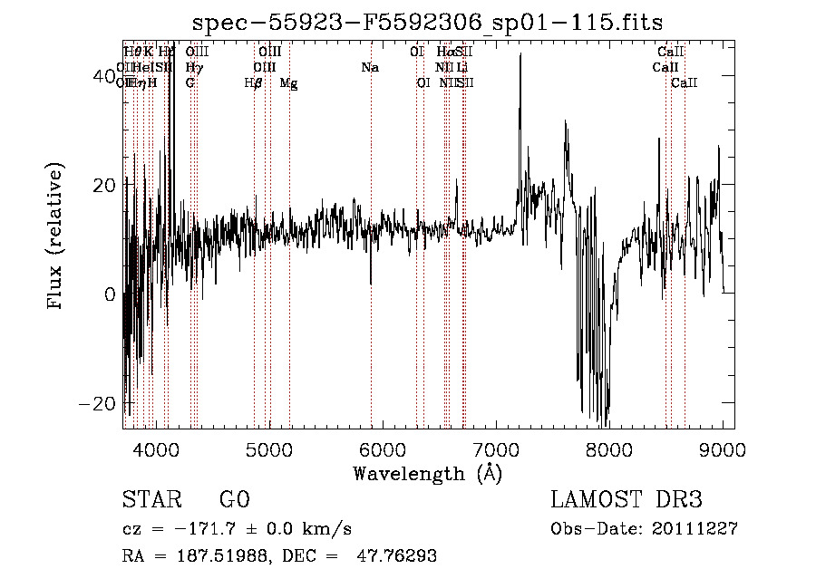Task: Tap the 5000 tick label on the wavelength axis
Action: click(268, 448)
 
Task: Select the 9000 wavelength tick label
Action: click(722, 448)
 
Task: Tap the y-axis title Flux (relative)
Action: click(57, 237)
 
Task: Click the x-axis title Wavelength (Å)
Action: click(427, 473)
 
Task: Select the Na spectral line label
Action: click(370, 68)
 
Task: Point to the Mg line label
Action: click(288, 83)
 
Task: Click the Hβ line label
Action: click(254, 83)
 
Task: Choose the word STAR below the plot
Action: click(151, 500)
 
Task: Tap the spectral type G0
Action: click(234, 500)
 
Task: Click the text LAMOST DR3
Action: click(627, 500)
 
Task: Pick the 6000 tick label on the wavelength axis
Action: click(382, 448)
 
